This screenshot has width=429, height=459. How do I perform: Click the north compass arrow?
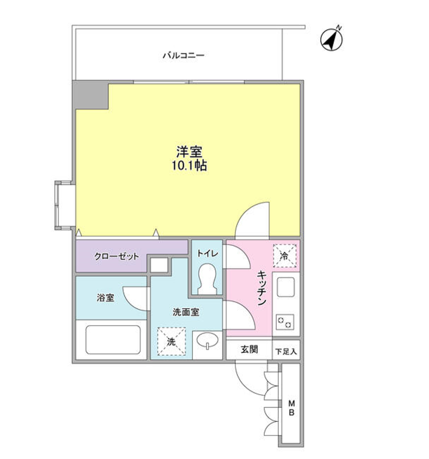(x=332, y=39)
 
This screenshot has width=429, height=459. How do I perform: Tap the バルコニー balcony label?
(x=183, y=55)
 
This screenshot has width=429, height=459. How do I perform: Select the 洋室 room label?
(x=189, y=152)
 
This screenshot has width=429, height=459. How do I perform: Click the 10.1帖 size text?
(x=189, y=166)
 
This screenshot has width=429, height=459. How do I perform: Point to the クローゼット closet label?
(x=117, y=257)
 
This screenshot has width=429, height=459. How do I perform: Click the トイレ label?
(x=208, y=253)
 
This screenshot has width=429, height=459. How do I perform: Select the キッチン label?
(x=262, y=288)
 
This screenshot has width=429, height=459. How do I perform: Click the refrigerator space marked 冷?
(x=285, y=256)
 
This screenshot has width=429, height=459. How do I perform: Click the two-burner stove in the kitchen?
(x=286, y=322)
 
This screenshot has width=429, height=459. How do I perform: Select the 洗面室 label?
(x=186, y=312)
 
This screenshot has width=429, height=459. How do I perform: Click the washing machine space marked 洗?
(x=171, y=341)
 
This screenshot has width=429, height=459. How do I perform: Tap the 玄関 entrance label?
(x=249, y=350)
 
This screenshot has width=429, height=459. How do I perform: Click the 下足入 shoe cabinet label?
(x=286, y=351)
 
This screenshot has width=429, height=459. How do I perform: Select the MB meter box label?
(x=292, y=408)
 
